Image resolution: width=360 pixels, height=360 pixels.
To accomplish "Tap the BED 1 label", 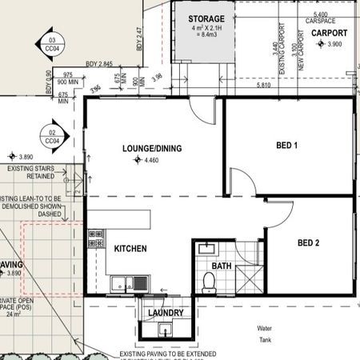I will [286, 145].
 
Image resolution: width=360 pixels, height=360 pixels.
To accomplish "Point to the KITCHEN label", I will [130, 249].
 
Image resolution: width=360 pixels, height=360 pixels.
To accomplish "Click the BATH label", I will [221, 266].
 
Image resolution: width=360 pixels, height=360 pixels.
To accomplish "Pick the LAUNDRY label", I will [166, 313].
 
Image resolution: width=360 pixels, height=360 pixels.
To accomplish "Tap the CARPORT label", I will [329, 33].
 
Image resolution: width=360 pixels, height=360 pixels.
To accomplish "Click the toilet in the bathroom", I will [210, 280].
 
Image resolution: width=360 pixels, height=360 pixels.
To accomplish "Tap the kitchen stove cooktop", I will [97, 239].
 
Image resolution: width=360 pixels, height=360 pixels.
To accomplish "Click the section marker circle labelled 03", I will [53, 43].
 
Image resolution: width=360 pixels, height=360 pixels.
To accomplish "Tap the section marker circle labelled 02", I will [53, 135].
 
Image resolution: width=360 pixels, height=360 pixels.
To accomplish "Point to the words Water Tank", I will [265, 334].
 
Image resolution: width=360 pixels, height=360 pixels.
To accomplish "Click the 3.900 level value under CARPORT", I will [334, 45].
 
